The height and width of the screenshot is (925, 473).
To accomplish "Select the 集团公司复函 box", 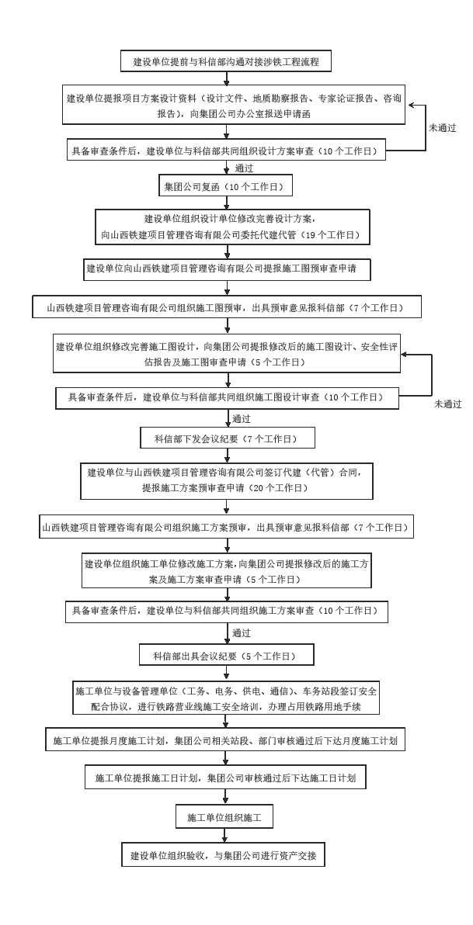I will [x=225, y=188].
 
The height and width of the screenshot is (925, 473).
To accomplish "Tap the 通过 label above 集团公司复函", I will [x=243, y=168].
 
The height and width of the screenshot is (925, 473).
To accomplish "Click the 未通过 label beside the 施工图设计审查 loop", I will [x=447, y=404].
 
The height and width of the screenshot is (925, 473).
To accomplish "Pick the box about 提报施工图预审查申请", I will [x=227, y=268].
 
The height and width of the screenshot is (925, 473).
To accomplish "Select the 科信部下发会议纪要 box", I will [x=228, y=438].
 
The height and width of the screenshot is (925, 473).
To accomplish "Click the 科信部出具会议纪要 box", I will [x=228, y=655].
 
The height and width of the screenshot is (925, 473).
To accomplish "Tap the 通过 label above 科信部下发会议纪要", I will [x=242, y=419].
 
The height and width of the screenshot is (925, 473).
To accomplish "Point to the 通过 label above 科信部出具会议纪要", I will [x=242, y=633].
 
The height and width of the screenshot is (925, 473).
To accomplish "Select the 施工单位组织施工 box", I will [x=224, y=818].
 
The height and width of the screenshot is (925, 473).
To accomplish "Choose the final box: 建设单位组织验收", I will [x=223, y=855].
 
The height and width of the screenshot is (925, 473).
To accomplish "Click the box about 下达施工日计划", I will [x=225, y=777].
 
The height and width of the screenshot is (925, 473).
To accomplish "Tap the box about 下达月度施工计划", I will [x=225, y=740].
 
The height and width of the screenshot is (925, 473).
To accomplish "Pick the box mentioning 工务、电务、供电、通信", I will [x=225, y=698].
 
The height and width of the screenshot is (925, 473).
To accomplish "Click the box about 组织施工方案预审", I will [x=226, y=528].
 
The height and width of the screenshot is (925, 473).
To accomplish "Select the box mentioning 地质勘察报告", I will [x=234, y=106].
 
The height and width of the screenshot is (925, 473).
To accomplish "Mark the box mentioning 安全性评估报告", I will [x=226, y=355].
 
